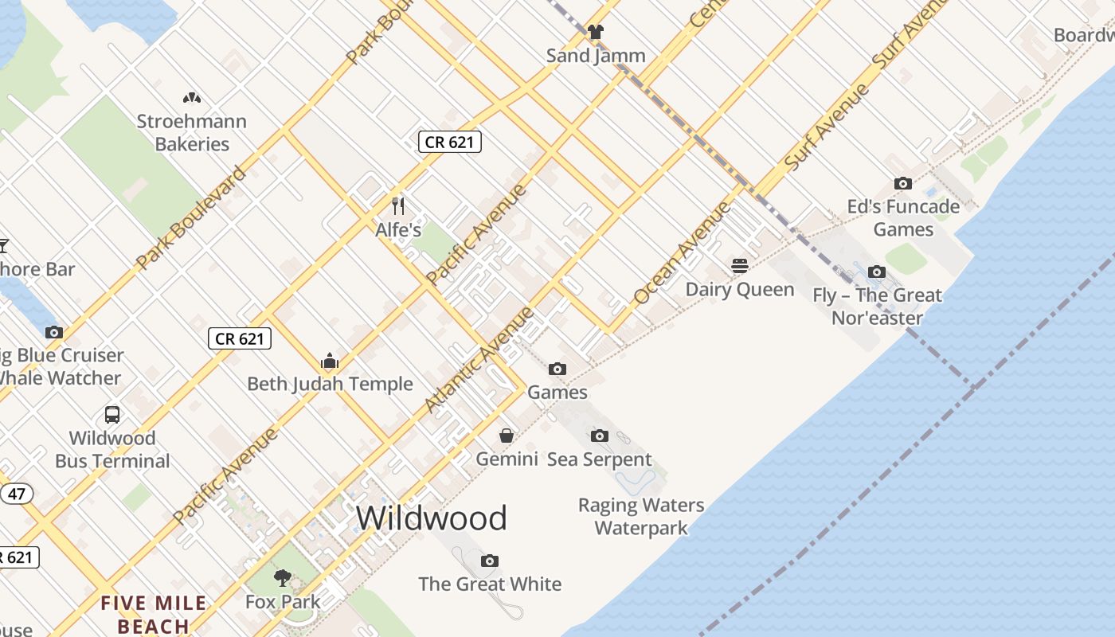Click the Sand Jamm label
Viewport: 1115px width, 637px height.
pyautogui.click(x=596, y=56)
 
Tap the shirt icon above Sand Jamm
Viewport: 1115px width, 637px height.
pyautogui.click(x=596, y=32)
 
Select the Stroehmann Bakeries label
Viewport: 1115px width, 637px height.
pyautogui.click(x=192, y=132)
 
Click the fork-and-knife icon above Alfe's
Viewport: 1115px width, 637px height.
pyautogui.click(x=399, y=206)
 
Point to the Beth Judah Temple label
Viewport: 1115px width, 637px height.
pyautogui.click(x=330, y=384)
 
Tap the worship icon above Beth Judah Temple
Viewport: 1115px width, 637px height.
pyautogui.click(x=330, y=361)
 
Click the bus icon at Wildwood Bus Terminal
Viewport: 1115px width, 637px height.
pyautogui.click(x=112, y=415)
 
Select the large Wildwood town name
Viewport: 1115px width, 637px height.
pyautogui.click(x=431, y=518)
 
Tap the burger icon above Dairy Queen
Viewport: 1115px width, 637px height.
pyautogui.click(x=740, y=265)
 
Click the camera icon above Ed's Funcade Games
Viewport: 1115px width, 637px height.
pyautogui.click(x=902, y=183)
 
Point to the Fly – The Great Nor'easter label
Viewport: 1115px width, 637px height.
pyautogui.click(x=877, y=307)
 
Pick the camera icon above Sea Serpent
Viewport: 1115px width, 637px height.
pyautogui.click(x=600, y=436)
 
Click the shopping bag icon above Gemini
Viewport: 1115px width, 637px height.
pyautogui.click(x=507, y=436)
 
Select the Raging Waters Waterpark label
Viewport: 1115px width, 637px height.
pyautogui.click(x=641, y=516)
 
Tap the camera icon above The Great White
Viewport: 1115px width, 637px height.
pyautogui.click(x=490, y=561)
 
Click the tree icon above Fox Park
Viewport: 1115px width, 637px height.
pyautogui.click(x=282, y=578)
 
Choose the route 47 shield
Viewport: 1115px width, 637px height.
pyautogui.click(x=17, y=494)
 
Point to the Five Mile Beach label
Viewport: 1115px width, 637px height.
pyautogui.click(x=154, y=615)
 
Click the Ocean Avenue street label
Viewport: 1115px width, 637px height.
pyautogui.click(x=682, y=253)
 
